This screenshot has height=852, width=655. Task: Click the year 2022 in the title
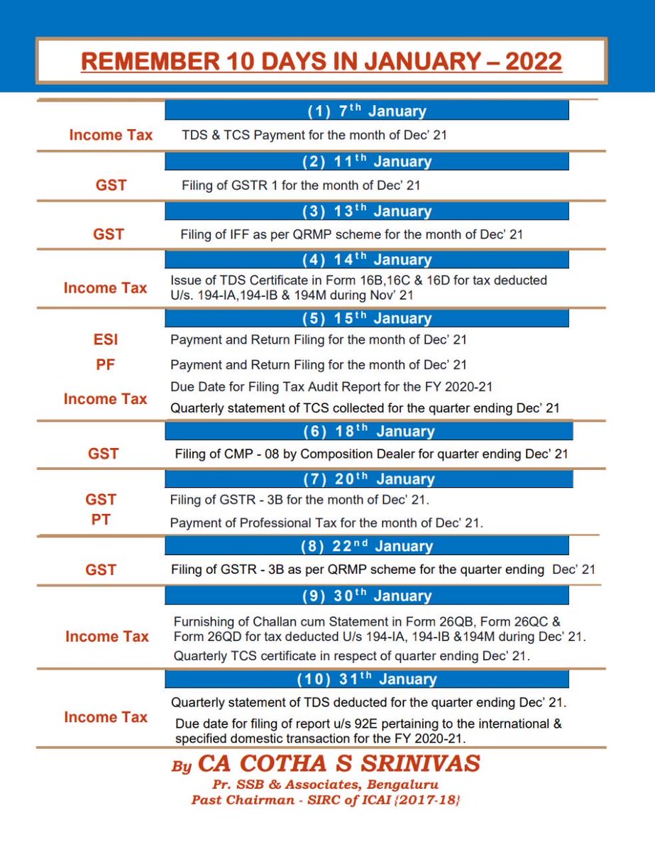click(x=534, y=62)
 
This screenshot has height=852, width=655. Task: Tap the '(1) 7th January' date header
click(x=367, y=110)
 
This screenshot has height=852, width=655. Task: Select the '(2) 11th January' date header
click(x=367, y=161)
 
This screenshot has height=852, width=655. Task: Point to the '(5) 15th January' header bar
click(x=367, y=318)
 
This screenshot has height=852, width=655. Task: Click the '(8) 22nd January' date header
click(x=367, y=545)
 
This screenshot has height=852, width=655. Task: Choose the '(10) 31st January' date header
click(x=367, y=679)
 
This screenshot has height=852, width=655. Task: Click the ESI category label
click(x=105, y=339)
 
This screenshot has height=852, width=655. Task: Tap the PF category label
click(x=105, y=365)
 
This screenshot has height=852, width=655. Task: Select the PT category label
click(x=101, y=520)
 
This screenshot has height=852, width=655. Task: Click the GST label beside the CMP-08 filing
click(x=103, y=454)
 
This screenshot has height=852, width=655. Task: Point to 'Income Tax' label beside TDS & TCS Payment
click(x=111, y=135)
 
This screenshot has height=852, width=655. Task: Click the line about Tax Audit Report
click(x=331, y=387)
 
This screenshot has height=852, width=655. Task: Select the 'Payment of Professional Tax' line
click(x=326, y=523)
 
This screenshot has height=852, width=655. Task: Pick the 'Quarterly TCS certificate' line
click(x=352, y=655)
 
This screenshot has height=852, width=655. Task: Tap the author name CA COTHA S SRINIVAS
click(x=339, y=764)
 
